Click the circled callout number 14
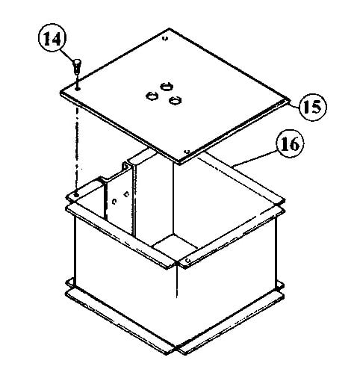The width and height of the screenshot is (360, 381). [x=52, y=39]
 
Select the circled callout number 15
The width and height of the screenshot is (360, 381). [x=313, y=107]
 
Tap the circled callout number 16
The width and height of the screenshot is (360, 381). [x=290, y=143]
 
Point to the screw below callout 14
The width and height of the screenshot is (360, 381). [x=77, y=66]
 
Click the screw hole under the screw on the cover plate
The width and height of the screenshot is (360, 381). [x=78, y=88]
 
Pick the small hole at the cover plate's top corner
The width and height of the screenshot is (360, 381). [x=165, y=38]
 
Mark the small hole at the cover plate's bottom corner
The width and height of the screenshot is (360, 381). [x=187, y=152]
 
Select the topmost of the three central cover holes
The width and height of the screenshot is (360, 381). [x=166, y=87]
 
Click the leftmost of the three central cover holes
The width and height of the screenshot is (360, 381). [x=152, y=96]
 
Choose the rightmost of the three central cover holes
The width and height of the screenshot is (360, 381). [x=176, y=101]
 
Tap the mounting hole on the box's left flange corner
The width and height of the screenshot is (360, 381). [x=76, y=195]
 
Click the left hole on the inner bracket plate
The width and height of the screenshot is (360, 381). [x=114, y=201]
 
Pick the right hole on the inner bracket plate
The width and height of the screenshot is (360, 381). [x=126, y=193]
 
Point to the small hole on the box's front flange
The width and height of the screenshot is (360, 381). [x=188, y=260]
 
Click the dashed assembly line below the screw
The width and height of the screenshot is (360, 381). [x=77, y=141]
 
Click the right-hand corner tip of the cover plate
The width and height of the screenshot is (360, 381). [x=291, y=101]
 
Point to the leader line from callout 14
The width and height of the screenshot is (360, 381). [x=68, y=55]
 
